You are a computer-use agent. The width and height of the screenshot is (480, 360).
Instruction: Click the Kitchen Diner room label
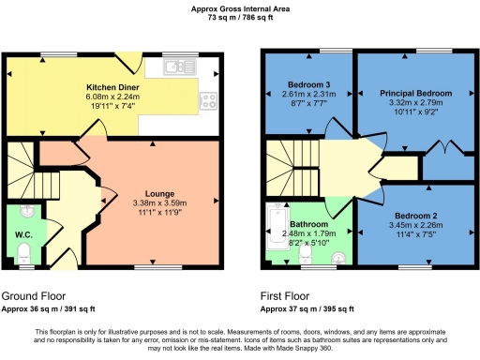pyautogui.click(x=109, y=85)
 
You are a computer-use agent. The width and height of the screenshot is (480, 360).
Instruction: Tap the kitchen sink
pyautogui.click(x=176, y=66)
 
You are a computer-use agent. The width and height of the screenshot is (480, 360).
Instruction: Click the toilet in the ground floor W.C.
pyautogui.click(x=25, y=252)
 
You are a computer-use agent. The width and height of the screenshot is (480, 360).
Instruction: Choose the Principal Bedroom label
pyautogui.click(x=415, y=94)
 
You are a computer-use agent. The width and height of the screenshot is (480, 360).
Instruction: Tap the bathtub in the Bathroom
pyautogui.click(x=277, y=230)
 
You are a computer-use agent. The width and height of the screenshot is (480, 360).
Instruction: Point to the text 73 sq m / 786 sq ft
pyautogui.click(x=240, y=18)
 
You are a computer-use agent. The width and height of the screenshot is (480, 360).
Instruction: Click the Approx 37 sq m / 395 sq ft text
pyautogui.click(x=308, y=308)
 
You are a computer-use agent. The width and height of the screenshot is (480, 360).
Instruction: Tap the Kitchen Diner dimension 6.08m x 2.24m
pyautogui.click(x=109, y=96)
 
